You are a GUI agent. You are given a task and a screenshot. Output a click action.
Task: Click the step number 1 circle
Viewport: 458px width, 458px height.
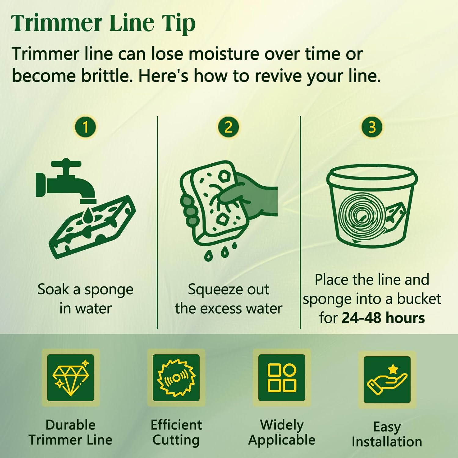point(85,127)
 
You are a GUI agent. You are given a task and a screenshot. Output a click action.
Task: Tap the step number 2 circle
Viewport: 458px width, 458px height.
point(228,127)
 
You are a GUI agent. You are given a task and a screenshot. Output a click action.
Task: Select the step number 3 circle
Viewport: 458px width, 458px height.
point(372,127)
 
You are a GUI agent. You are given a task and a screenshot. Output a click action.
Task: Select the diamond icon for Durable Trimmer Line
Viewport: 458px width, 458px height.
point(71,378)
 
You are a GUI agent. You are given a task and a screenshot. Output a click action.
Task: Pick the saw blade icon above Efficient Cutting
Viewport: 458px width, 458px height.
point(176,378)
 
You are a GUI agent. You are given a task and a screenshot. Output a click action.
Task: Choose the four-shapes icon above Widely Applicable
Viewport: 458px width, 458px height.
point(282,378)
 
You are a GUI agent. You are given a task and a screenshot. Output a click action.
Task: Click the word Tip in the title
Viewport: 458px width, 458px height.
point(179,24)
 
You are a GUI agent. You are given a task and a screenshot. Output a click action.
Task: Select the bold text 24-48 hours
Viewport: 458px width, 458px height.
point(383,318)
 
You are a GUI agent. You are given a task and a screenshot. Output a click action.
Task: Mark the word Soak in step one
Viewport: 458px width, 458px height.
point(53,289)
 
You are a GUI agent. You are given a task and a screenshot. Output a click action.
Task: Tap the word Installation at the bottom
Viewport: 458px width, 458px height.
point(387,442)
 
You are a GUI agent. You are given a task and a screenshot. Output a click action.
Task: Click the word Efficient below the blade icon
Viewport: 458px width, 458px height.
point(176,425)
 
